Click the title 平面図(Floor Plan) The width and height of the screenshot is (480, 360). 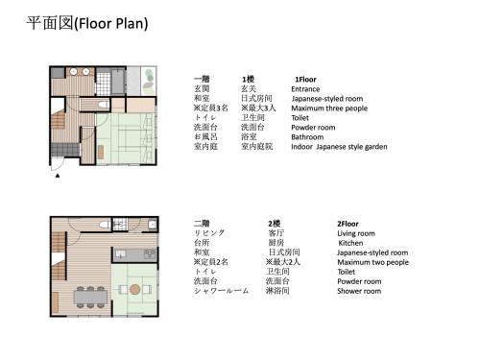(86, 23)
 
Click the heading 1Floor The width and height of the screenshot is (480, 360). (305, 79)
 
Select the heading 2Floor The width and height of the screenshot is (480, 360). (351, 223)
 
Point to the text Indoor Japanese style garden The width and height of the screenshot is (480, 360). (339, 147)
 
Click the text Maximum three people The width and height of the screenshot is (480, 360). (327, 108)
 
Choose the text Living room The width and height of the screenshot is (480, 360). (356, 233)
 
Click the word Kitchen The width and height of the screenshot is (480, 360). (350, 243)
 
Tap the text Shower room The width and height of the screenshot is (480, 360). (358, 291)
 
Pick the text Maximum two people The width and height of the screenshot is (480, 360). (372, 262)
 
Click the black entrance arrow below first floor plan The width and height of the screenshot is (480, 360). (59, 177)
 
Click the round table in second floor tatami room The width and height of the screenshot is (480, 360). (133, 289)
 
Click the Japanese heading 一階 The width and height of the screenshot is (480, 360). (202, 79)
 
